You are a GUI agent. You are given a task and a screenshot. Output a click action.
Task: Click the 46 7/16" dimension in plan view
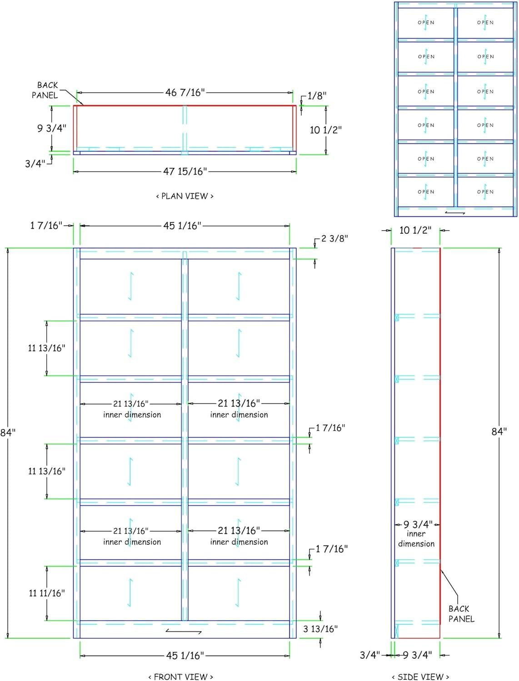click(185, 93)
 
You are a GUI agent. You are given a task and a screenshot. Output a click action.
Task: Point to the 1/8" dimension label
click(317, 96)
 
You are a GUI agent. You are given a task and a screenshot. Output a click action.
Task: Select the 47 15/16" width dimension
click(185, 172)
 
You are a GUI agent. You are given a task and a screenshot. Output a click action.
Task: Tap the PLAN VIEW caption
click(185, 196)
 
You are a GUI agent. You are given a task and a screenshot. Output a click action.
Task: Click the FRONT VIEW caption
click(180, 677)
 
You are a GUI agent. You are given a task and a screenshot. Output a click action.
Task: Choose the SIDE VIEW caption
click(420, 677)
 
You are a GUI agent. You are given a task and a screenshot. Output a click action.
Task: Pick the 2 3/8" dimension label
click(334, 238)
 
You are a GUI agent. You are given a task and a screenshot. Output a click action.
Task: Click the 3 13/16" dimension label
click(320, 629)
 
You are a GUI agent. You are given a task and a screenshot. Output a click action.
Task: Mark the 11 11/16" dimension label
click(47, 593)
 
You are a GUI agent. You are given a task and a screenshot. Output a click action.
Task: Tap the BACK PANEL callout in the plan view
click(45, 90)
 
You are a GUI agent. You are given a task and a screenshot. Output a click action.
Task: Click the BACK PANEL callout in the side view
click(461, 614)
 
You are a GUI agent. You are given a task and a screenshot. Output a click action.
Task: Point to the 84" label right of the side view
click(499, 432)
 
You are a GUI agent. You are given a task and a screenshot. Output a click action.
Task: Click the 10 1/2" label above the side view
click(415, 231)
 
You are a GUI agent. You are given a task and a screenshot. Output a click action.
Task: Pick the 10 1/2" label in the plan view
click(325, 130)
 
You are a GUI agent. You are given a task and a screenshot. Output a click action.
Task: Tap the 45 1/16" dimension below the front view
click(185, 656)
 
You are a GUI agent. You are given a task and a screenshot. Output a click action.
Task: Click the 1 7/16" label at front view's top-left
click(46, 226)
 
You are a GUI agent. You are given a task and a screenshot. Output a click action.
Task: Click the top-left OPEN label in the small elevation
click(426, 23)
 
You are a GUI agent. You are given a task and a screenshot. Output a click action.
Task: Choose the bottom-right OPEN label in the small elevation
click(485, 192)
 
